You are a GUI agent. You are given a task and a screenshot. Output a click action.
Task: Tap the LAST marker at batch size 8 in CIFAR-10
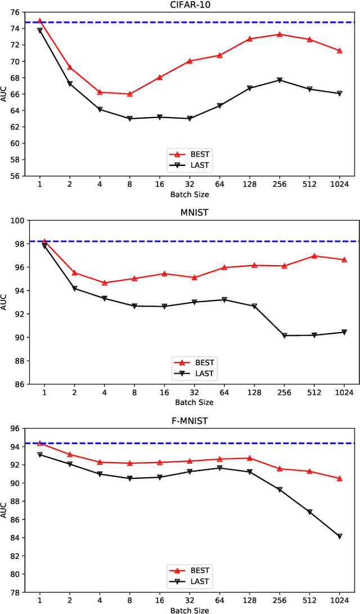(x=129, y=119)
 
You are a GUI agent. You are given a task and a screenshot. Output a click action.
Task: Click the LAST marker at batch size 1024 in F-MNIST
(x=340, y=536)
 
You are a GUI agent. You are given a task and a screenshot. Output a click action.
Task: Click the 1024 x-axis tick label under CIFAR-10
(x=340, y=184)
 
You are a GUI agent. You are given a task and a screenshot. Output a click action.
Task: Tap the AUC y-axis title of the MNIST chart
(x=4, y=302)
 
